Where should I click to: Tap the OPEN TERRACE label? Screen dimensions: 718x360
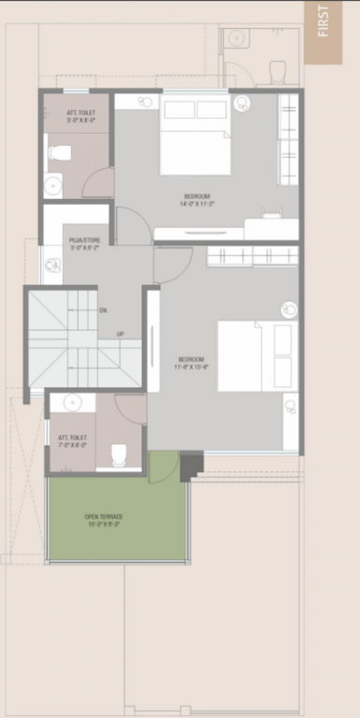(x=103, y=519)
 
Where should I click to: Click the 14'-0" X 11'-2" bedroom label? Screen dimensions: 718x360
(x=196, y=200)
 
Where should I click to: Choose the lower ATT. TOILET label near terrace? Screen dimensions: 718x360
(x=72, y=441)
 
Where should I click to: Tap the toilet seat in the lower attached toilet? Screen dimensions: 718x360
(x=119, y=454)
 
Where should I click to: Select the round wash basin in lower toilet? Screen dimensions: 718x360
(x=72, y=403)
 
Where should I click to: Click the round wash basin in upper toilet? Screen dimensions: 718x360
(x=53, y=184)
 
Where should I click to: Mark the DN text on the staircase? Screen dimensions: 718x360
(x=103, y=309)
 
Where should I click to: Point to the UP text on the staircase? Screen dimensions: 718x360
(x=120, y=334)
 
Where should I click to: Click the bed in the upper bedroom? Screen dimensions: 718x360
(x=194, y=136)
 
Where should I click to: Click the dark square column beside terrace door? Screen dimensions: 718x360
(x=191, y=462)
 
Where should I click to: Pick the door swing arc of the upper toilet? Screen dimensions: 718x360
(x=97, y=183)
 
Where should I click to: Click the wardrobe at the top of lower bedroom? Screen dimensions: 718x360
(x=252, y=255)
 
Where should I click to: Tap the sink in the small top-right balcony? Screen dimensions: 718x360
(x=236, y=39)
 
